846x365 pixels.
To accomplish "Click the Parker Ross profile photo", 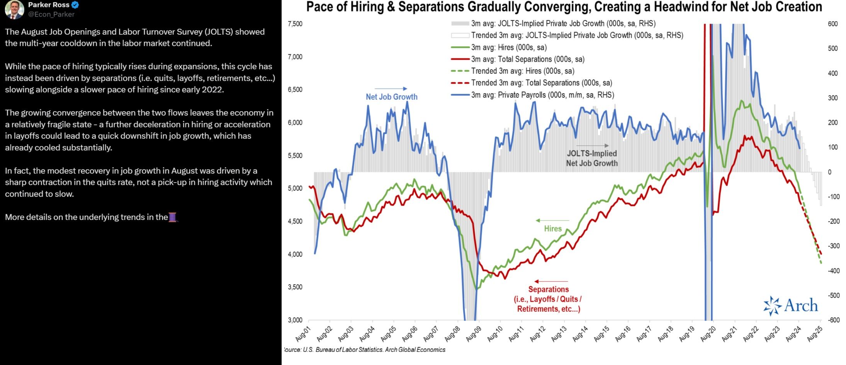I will [x=14, y=10].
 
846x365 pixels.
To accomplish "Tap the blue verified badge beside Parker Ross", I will [x=75, y=5].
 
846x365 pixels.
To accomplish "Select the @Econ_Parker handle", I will [x=51, y=14].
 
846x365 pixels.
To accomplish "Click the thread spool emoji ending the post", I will [x=173, y=217].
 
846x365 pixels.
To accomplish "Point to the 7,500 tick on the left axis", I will [x=295, y=24].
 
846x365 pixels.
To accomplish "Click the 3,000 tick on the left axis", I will [x=295, y=320].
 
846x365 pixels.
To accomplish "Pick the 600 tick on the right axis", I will [x=832, y=24].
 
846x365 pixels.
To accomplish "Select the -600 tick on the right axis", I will [x=833, y=320].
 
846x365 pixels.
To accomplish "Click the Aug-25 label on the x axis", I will [x=815, y=334].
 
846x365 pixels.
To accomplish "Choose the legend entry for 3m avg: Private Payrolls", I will [x=542, y=95].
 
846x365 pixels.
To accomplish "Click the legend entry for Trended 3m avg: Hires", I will [x=522, y=71].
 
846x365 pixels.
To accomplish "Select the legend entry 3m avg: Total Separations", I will [x=527, y=59].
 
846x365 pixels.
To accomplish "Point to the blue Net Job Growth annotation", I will [x=391, y=97].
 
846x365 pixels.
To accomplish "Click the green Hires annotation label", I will [x=553, y=229].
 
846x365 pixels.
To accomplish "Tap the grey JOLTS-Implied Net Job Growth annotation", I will [x=592, y=158].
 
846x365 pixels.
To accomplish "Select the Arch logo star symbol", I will [x=772, y=306].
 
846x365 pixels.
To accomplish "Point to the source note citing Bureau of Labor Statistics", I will [x=365, y=350].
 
